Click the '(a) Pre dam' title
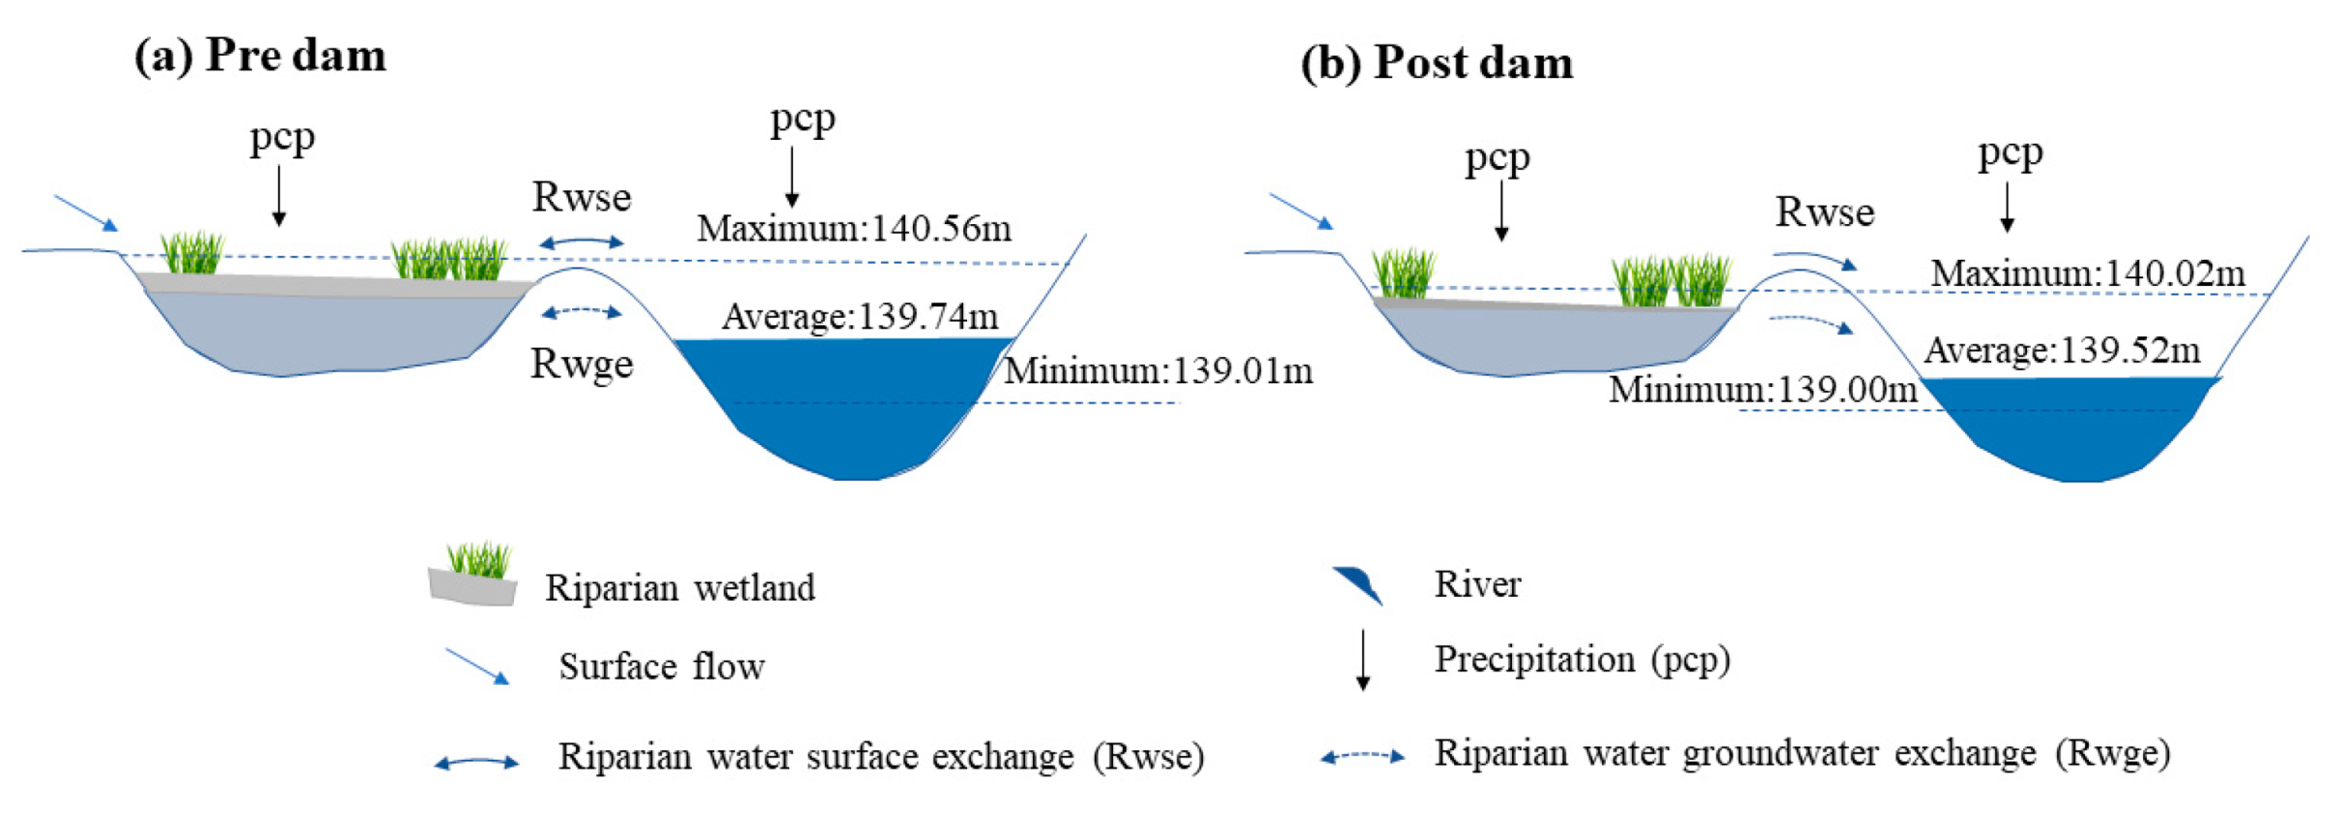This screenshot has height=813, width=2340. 260,55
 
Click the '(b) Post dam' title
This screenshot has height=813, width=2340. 1437,63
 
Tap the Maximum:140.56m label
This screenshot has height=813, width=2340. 854,229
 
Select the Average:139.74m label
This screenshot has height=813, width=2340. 860,317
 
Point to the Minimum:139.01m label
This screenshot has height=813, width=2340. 1158,371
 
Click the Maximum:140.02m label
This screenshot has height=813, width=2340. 2088,274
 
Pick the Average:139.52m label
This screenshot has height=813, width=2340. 2062,350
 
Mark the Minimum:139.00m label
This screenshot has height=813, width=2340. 1762,390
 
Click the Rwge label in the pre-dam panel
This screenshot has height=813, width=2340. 582,364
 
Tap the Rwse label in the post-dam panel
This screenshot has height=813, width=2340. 1824,212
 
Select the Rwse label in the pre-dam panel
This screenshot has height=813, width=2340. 582,197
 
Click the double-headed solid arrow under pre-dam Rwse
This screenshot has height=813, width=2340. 582,242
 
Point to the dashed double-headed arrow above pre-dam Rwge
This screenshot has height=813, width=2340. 582,312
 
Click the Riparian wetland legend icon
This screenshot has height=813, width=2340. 473,576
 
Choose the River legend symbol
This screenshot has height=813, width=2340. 1357,584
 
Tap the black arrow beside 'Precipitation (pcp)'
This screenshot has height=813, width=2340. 1362,660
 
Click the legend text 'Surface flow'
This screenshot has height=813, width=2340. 661,667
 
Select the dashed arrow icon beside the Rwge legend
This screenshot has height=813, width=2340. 1362,756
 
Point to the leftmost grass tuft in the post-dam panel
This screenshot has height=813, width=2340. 1403,273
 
